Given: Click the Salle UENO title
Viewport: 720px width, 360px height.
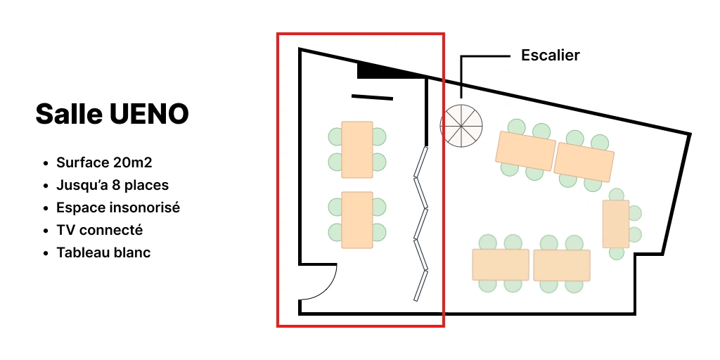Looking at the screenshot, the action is pyautogui.click(x=112, y=114).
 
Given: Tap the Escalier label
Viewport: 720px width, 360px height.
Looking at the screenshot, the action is pyautogui.click(x=550, y=55).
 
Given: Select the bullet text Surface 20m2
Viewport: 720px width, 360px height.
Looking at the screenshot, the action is pyautogui.click(x=104, y=162).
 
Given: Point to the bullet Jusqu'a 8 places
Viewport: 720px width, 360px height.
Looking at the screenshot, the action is pyautogui.click(x=112, y=185).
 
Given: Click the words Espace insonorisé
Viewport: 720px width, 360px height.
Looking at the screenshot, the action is pyautogui.click(x=118, y=207).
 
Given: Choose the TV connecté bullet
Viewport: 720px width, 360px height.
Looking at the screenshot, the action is pyautogui.click(x=100, y=230).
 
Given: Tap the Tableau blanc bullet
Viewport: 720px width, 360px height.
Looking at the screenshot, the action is pyautogui.click(x=103, y=252).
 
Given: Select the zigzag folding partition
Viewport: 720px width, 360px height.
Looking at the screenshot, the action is pyautogui.click(x=421, y=224).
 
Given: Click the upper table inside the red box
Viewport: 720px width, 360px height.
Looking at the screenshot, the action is pyautogui.click(x=357, y=150).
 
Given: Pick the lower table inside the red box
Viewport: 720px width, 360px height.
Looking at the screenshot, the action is pyautogui.click(x=357, y=220).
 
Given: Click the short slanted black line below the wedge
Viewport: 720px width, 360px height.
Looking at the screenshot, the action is pyautogui.click(x=373, y=97).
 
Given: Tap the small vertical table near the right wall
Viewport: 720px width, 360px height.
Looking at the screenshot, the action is pyautogui.click(x=616, y=224).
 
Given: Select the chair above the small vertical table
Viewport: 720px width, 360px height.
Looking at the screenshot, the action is pyautogui.click(x=616, y=195).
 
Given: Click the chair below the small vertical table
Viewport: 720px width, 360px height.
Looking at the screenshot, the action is pyautogui.click(x=616, y=253).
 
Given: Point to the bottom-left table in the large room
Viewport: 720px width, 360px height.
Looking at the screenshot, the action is pyautogui.click(x=501, y=264).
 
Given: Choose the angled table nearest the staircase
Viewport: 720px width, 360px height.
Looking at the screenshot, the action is pyautogui.click(x=525, y=151).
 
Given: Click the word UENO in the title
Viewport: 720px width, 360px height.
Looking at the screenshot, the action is pyautogui.click(x=149, y=114).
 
